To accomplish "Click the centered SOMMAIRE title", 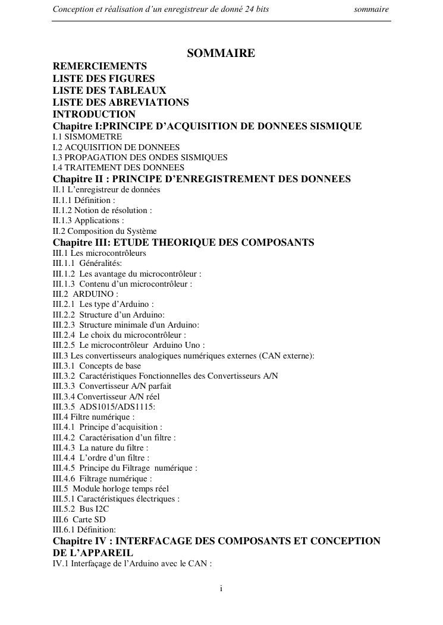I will (x=221, y=53).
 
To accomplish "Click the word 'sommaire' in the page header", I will (x=371, y=9).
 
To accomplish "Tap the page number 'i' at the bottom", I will (x=221, y=588).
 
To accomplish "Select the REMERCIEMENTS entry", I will (x=100, y=66).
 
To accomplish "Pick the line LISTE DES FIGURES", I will (x=103, y=78).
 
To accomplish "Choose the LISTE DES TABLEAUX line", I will (x=109, y=90).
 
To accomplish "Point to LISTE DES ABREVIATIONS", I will (x=121, y=102).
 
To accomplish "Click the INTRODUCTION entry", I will (x=94, y=114).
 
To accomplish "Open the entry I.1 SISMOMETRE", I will (x=87, y=137).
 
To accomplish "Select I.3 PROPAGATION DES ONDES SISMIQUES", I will (x=140, y=157).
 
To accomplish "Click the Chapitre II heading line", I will (x=202, y=179).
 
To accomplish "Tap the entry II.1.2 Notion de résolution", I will (x=102, y=210).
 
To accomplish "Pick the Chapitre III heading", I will (x=183, y=242).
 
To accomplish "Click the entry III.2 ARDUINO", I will (x=86, y=294).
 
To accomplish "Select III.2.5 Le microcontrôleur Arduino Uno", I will (x=128, y=345).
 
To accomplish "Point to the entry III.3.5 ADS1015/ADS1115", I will (x=104, y=407).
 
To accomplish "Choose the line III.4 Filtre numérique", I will (x=94, y=417).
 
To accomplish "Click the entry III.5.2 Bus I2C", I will (x=81, y=509).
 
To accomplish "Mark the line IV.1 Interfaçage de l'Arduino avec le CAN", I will (x=132, y=563).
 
